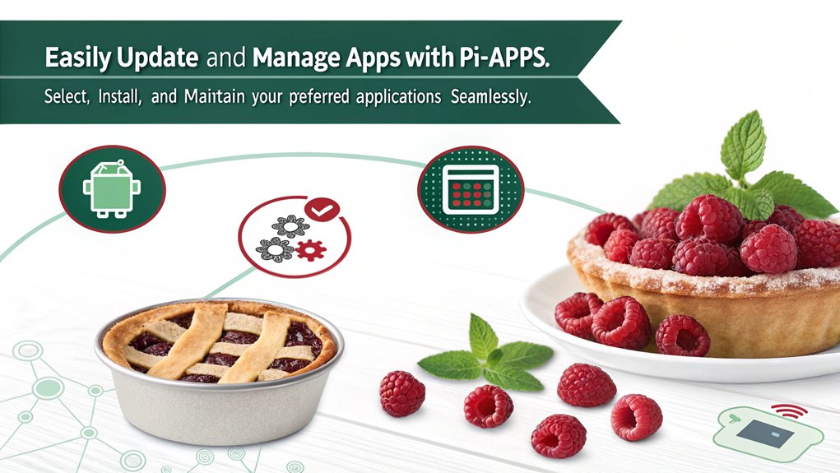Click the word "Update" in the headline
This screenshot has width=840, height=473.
pos(157,58)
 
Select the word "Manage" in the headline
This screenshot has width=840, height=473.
pos(296,58)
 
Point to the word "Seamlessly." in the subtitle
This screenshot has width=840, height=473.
pos(490,98)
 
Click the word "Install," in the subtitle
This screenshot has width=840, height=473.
pos(120,97)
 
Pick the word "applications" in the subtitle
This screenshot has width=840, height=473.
pos(398,98)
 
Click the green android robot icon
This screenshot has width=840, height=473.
pos(111,188)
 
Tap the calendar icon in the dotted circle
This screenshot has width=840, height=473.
pos(471,189)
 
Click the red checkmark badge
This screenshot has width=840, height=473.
pos(322,210)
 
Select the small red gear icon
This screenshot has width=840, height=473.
pos(311,250)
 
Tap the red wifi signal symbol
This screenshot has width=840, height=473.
pos(789,411)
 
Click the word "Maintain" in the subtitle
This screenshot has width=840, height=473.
pos(214,97)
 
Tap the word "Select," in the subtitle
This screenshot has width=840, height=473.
pos(67,97)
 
